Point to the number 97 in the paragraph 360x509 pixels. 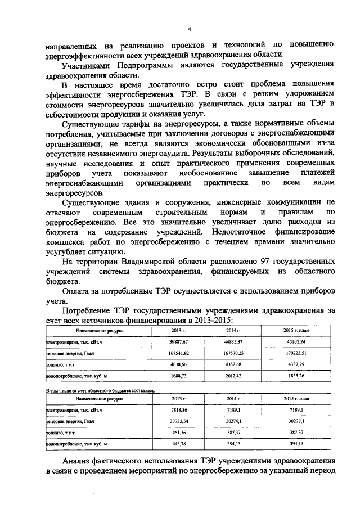pyautogui.click(x=253, y=262)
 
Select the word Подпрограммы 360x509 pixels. pyautogui.click(x=137, y=65)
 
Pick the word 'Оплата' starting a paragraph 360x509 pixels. pyautogui.click(x=78, y=291)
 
